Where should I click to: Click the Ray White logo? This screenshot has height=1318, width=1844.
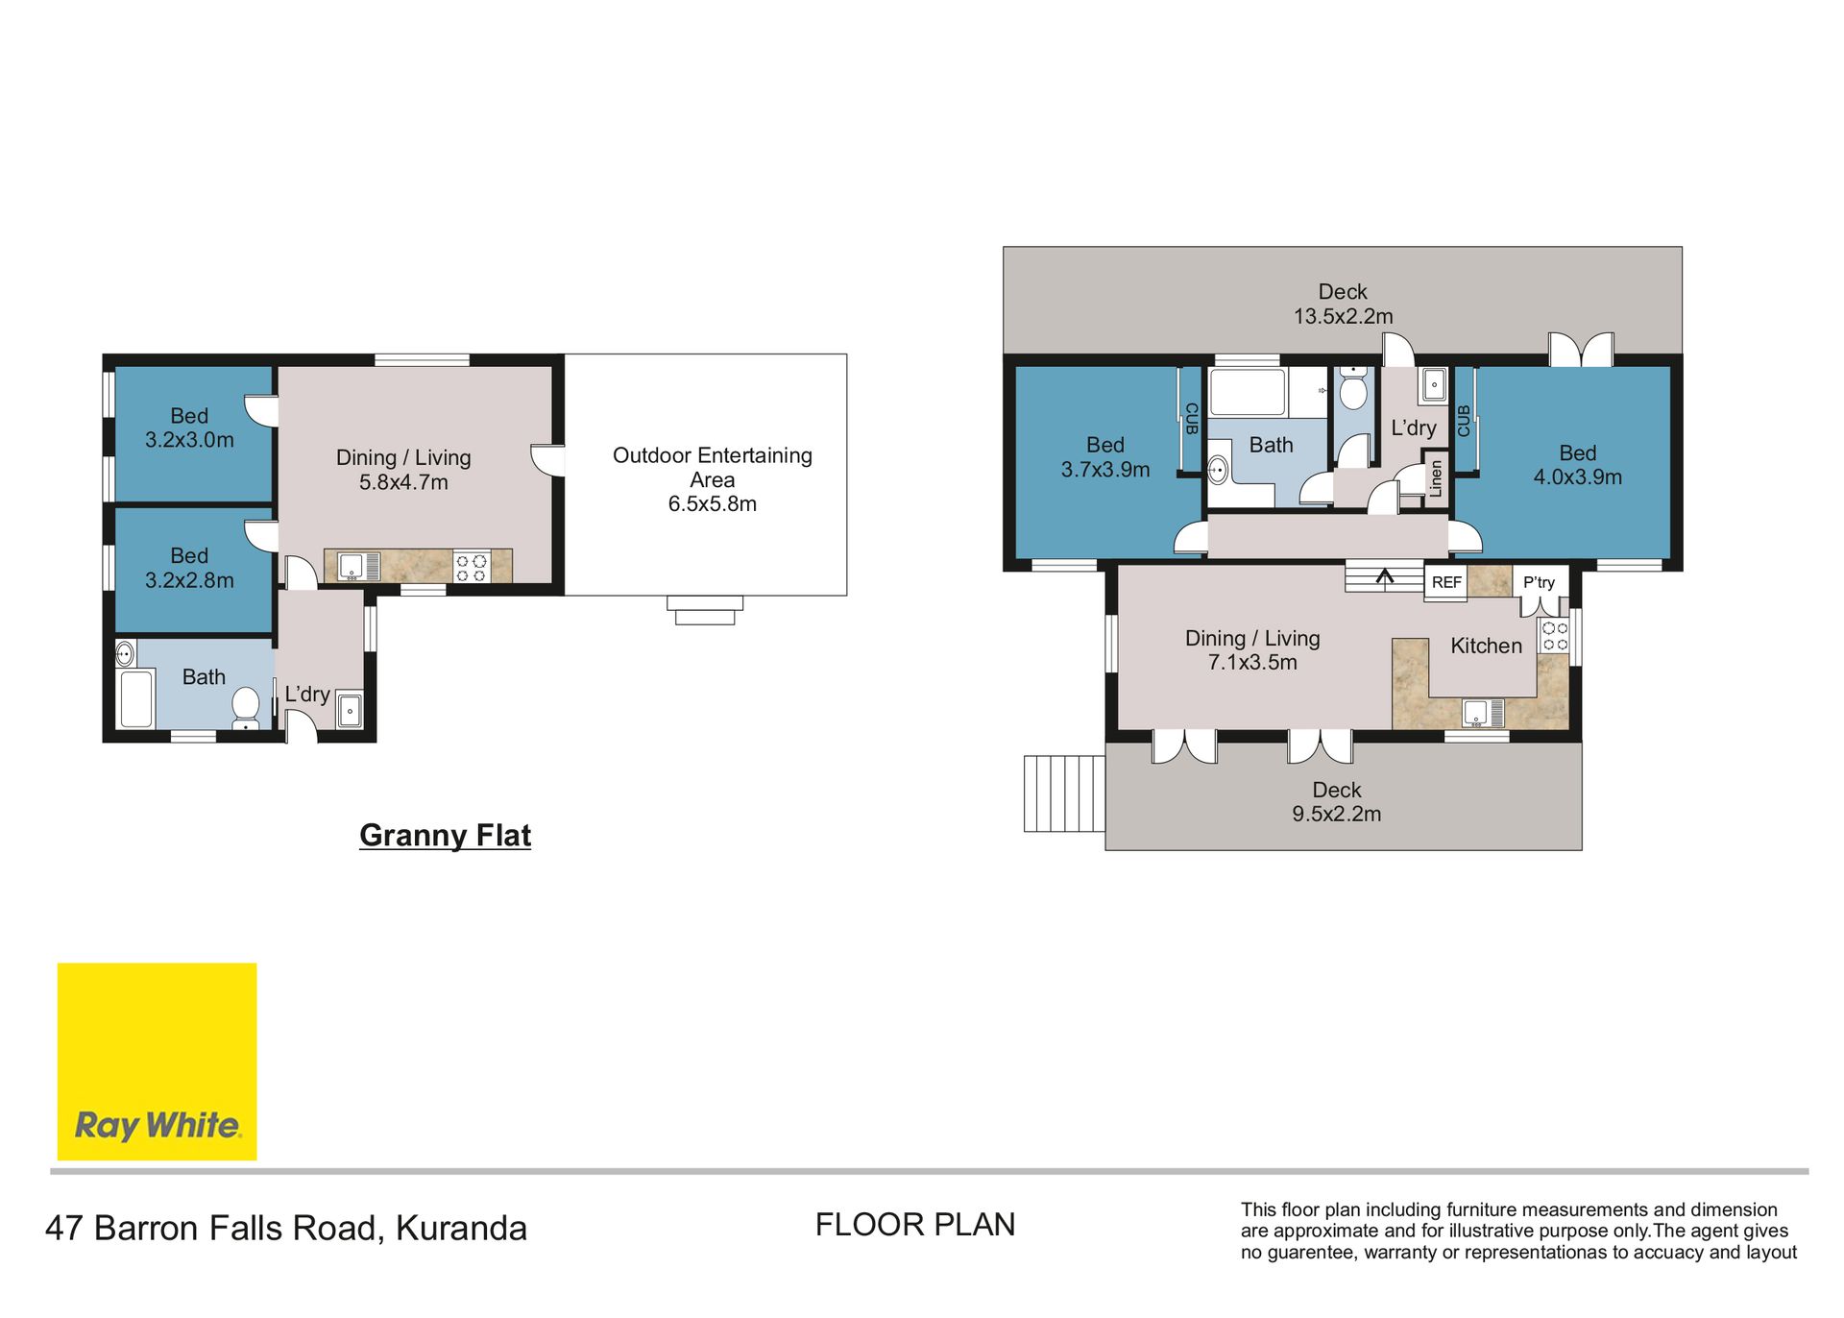click(x=157, y=1061)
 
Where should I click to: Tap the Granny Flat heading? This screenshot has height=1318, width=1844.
click(x=445, y=835)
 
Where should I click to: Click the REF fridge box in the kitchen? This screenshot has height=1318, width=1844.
click(x=1445, y=582)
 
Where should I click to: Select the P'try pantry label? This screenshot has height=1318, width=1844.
click(x=1539, y=582)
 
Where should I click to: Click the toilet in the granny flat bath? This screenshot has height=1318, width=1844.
click(x=246, y=707)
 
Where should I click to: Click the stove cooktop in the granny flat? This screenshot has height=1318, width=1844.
click(x=471, y=567)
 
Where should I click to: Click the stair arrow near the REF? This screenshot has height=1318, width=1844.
click(x=1385, y=576)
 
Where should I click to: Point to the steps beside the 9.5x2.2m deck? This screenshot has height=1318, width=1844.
click(x=1064, y=793)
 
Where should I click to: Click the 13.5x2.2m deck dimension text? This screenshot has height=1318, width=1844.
click(x=1343, y=316)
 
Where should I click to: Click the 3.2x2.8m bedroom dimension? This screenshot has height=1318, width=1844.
click(x=189, y=580)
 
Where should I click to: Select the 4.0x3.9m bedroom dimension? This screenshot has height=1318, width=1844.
click(x=1577, y=477)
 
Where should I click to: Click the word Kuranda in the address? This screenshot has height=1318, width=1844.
click(x=461, y=1229)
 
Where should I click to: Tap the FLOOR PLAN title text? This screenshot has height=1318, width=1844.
click(x=915, y=1225)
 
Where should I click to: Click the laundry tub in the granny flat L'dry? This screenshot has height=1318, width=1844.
click(x=350, y=710)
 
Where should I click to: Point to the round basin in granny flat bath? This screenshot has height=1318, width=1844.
click(x=126, y=654)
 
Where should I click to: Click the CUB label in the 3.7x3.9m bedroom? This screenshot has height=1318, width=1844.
click(x=1192, y=419)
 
